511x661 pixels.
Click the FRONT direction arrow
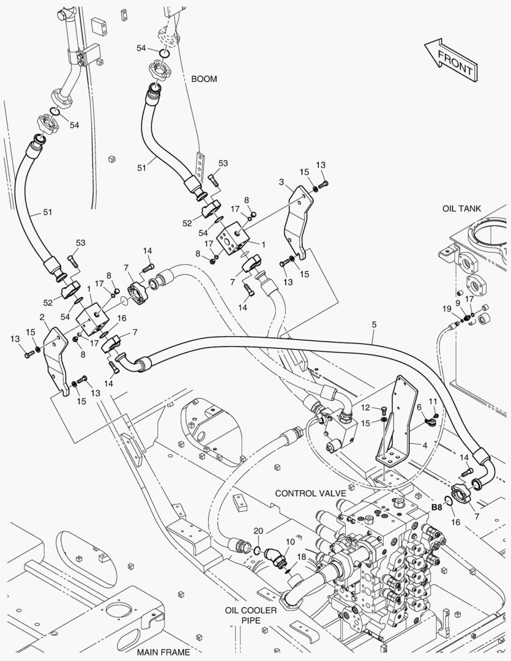[x=450, y=60]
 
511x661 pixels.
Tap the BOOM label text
[x=204, y=79]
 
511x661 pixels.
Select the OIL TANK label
[x=462, y=209]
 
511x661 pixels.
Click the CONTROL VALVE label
[x=310, y=493]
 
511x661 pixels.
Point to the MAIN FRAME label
[x=163, y=652]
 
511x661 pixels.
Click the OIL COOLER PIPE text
[x=250, y=616]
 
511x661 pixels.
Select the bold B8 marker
[x=437, y=507]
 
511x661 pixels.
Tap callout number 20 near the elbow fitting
[x=258, y=531]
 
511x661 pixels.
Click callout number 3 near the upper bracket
[x=281, y=182]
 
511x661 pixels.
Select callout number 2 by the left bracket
[x=42, y=317]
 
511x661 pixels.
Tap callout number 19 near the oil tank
[x=448, y=310]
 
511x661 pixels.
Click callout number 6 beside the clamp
[x=419, y=408]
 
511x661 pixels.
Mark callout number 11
[x=432, y=401]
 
